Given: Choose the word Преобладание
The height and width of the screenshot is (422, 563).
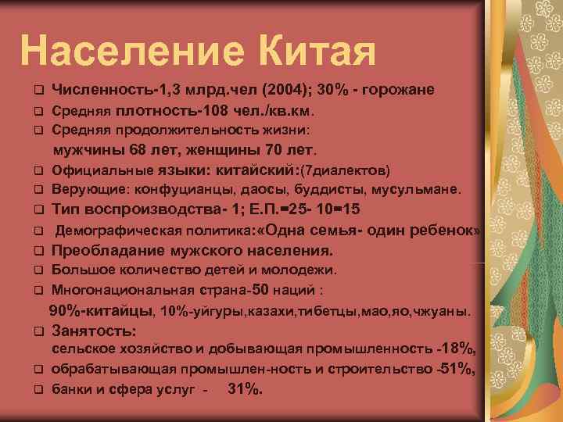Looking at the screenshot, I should click(104, 251).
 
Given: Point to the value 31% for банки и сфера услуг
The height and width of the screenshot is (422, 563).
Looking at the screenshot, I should click(245, 388).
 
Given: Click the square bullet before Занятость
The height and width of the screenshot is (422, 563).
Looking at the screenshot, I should click(37, 331).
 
